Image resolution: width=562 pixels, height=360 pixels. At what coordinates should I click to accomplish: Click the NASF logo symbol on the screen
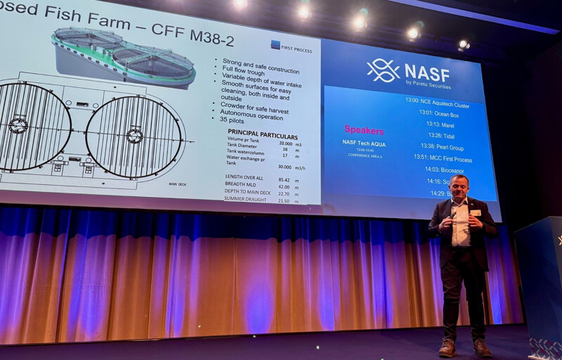[383, 70]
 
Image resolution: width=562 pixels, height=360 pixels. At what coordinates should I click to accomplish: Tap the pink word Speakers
[364, 130]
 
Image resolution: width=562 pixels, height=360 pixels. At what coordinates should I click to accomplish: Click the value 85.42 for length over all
[284, 179]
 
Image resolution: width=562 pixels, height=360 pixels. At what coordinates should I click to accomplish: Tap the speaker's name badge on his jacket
[476, 212]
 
